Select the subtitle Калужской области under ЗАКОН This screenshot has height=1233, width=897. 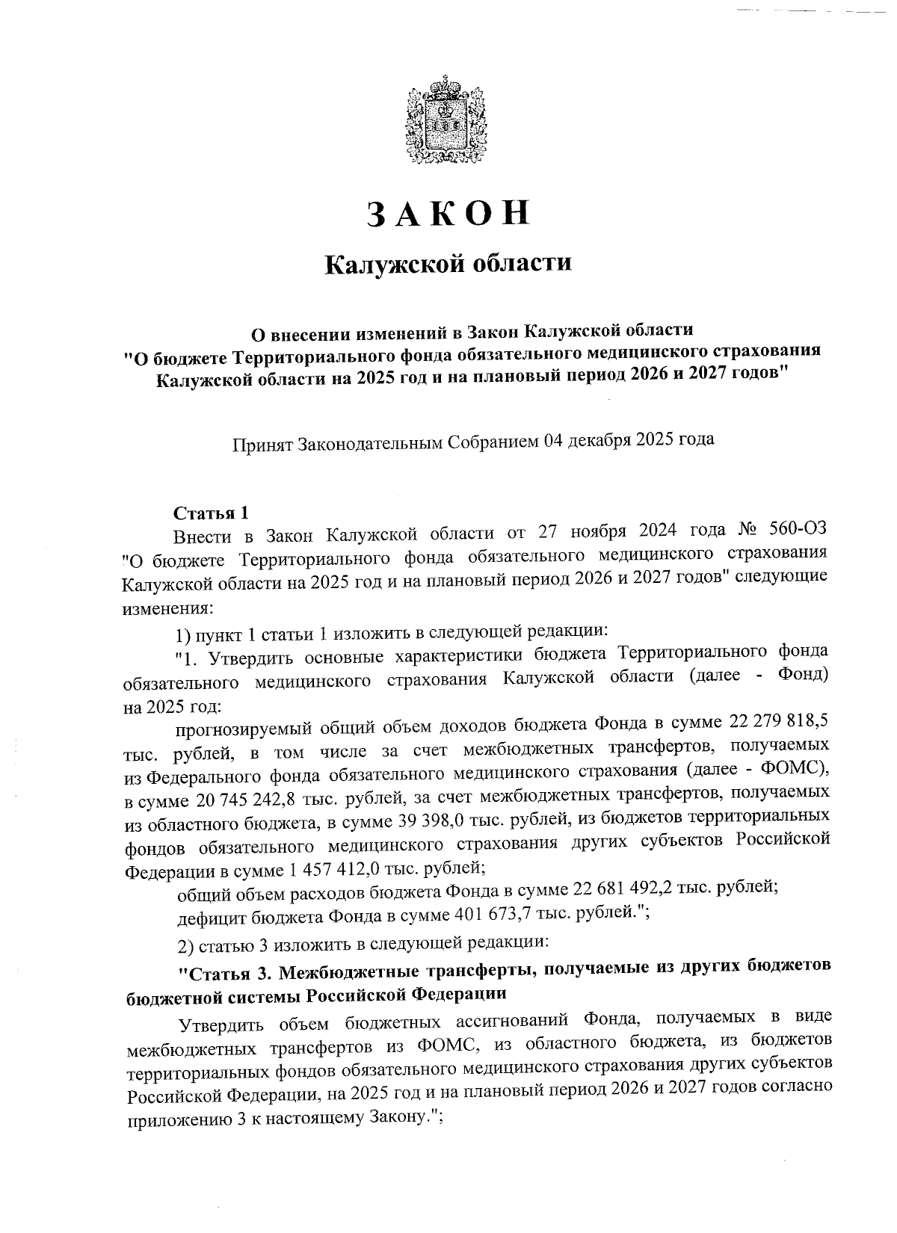coord(448,264)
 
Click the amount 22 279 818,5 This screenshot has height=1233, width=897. coord(777,724)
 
